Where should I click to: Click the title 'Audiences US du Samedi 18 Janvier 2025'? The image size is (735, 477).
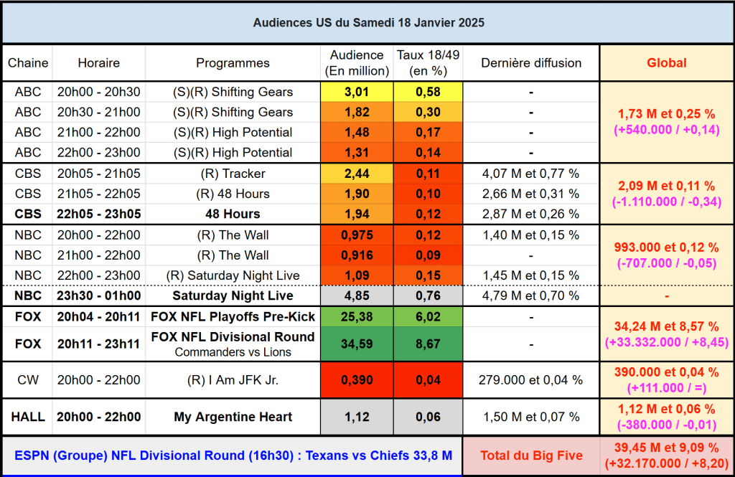pos(368,23)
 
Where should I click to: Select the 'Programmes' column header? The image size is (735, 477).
pos(233,63)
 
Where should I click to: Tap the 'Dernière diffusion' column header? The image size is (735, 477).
pos(531,63)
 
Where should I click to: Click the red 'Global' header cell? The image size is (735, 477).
pos(666,63)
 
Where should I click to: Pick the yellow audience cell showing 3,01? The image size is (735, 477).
pos(357,92)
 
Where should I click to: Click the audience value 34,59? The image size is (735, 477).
pos(357,344)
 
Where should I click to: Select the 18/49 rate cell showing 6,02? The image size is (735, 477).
pos(428,316)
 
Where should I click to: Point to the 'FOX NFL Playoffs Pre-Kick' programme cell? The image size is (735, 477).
pos(233,316)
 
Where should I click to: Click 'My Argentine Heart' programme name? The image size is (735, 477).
pos(233,417)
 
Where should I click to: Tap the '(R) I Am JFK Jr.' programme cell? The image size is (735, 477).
pos(233,379)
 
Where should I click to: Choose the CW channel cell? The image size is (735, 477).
pos(28,379)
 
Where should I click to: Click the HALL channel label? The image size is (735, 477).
pos(28,417)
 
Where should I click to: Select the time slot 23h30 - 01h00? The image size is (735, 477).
pos(99,296)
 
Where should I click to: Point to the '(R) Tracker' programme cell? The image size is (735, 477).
pos(233,174)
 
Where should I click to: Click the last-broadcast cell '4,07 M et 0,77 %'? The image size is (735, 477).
pos(531,174)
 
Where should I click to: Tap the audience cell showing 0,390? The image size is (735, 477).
pos(357,379)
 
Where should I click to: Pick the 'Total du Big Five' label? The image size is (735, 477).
pos(531,456)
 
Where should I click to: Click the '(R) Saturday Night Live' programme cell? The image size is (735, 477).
pos(233,275)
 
